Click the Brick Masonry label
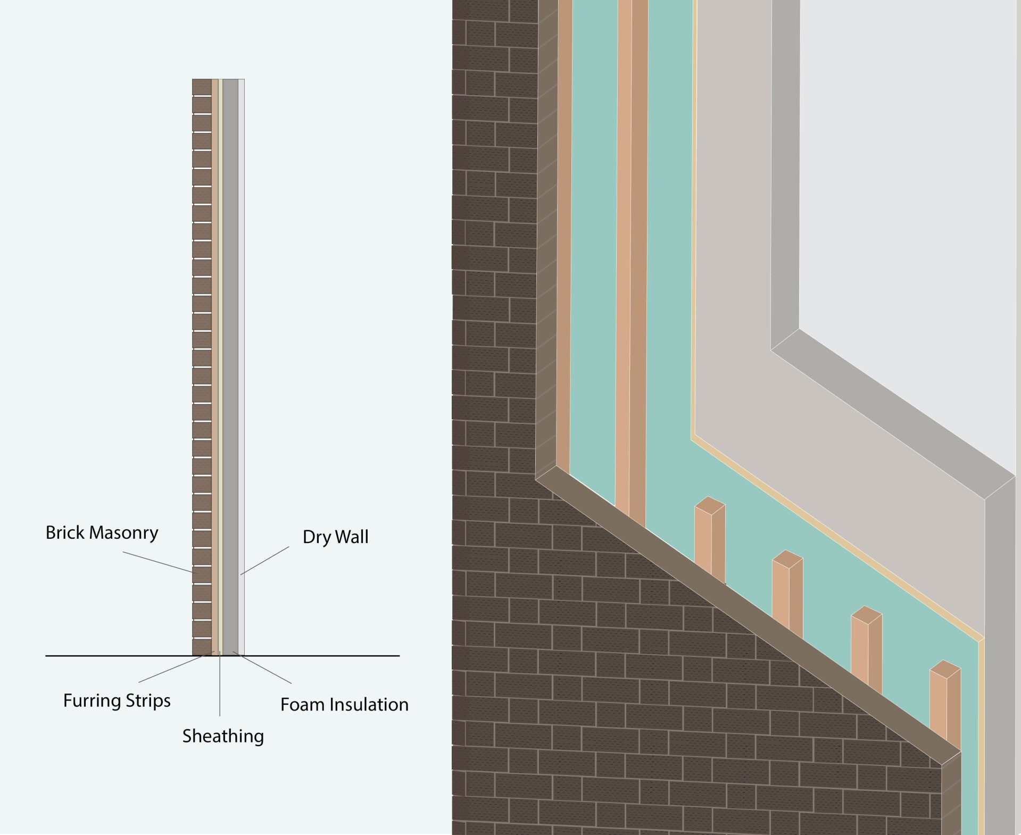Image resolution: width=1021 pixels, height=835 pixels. tap(102, 532)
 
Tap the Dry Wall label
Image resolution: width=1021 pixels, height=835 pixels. tap(335, 537)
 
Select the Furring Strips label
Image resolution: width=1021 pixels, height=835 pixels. tap(117, 700)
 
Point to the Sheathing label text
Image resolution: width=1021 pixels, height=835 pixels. tap(223, 736)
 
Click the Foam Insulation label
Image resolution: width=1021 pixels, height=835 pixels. tap(344, 704)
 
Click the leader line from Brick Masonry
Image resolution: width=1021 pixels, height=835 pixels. tap(157, 562)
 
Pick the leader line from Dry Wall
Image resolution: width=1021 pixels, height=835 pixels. tap(265, 560)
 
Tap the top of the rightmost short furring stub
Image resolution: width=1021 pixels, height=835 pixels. tap(945, 667)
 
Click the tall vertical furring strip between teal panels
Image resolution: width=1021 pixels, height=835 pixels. tap(632, 266)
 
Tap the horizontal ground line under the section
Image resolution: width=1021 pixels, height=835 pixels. tap(319, 656)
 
